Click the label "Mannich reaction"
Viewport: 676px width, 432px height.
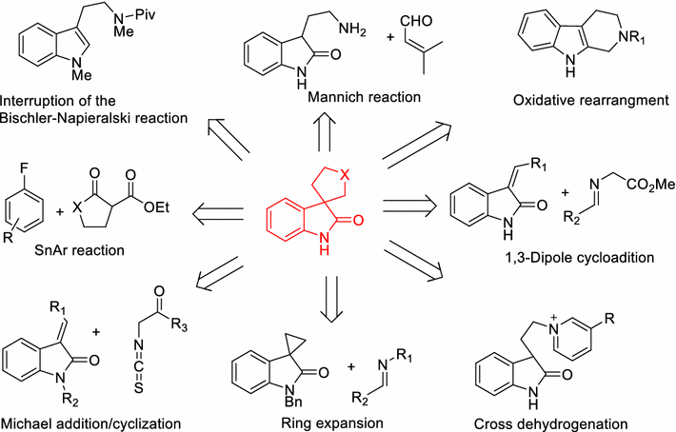point(352,97)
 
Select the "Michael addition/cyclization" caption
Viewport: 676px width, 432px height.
point(93,420)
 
